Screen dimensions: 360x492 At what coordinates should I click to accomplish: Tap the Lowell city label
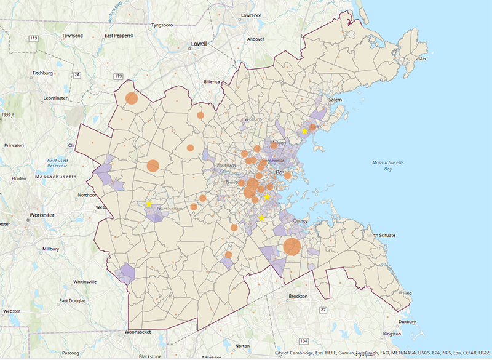click(x=199, y=44)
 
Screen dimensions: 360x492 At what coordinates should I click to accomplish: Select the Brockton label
click(x=298, y=297)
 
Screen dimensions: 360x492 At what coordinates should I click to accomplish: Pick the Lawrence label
click(x=251, y=14)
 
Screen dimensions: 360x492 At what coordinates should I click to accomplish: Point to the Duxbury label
click(x=407, y=321)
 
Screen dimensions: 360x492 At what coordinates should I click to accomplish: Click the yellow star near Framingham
click(x=148, y=204)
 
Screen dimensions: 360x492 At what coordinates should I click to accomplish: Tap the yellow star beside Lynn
click(x=304, y=131)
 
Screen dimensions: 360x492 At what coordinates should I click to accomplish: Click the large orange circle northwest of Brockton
click(x=292, y=247)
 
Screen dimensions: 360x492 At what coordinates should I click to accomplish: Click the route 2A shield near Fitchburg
click(x=77, y=75)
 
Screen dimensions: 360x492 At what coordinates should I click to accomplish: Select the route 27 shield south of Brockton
click(x=323, y=310)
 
